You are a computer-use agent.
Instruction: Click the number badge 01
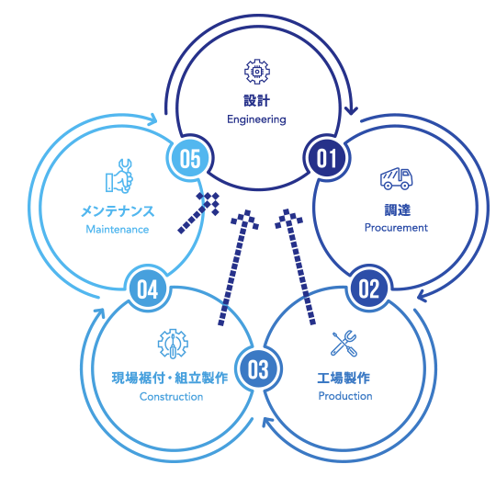click(326, 158)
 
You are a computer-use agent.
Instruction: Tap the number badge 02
click(369, 289)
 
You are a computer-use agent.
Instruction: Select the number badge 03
click(258, 369)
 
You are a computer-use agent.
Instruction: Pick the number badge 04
click(147, 289)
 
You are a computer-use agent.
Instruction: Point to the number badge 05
click(190, 158)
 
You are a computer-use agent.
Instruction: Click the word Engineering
click(256, 119)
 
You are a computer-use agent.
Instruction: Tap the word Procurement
click(396, 228)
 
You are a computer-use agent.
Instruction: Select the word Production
click(345, 396)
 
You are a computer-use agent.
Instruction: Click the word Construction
click(171, 397)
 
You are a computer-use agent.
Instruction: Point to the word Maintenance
click(118, 229)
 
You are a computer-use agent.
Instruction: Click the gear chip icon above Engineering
click(257, 72)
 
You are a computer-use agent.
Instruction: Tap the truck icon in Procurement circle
click(397, 179)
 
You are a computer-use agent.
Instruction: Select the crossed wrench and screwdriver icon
click(344, 343)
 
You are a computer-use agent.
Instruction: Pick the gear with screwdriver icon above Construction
click(173, 344)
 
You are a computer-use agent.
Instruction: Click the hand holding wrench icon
click(118, 176)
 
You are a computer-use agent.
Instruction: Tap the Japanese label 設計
click(256, 101)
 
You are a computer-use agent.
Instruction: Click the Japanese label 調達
click(398, 210)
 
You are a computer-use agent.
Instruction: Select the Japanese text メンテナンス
click(118, 211)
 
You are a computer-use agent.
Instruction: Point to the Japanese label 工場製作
click(344, 378)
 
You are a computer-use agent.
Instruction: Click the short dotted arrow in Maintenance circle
click(199, 212)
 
